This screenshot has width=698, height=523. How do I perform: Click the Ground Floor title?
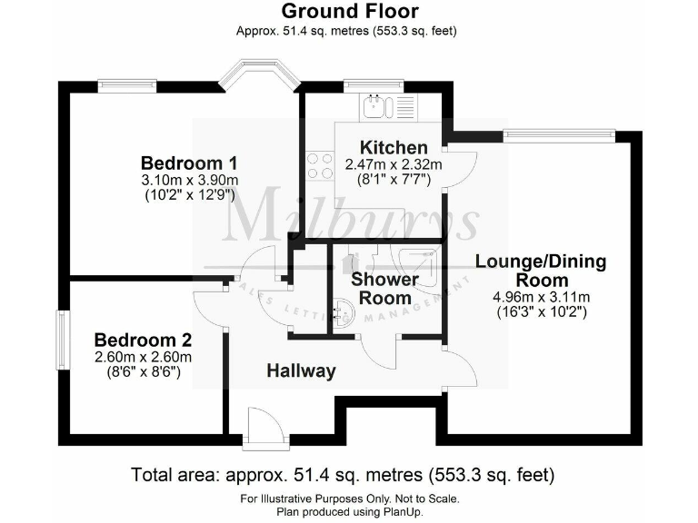(x=349, y=12)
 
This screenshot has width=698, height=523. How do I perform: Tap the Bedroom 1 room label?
(x=189, y=163)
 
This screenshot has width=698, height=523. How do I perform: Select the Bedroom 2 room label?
(x=143, y=340)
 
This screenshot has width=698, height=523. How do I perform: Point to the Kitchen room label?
(x=393, y=148)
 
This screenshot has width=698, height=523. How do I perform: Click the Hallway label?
(x=301, y=370)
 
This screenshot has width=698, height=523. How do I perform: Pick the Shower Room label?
(x=384, y=289)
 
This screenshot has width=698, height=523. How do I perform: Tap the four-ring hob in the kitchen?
(x=319, y=164)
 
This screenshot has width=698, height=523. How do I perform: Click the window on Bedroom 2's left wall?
(x=62, y=340)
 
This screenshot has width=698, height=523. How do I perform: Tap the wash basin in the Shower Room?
(x=343, y=313)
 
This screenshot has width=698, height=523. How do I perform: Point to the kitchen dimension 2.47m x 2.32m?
(x=393, y=164)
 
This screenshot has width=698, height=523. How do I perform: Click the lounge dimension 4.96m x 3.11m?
(x=541, y=297)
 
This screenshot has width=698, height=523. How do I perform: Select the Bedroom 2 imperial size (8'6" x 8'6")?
(x=143, y=372)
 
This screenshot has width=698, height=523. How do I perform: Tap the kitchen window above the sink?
(x=366, y=85)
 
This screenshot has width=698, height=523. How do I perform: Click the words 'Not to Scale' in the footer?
(x=427, y=498)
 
